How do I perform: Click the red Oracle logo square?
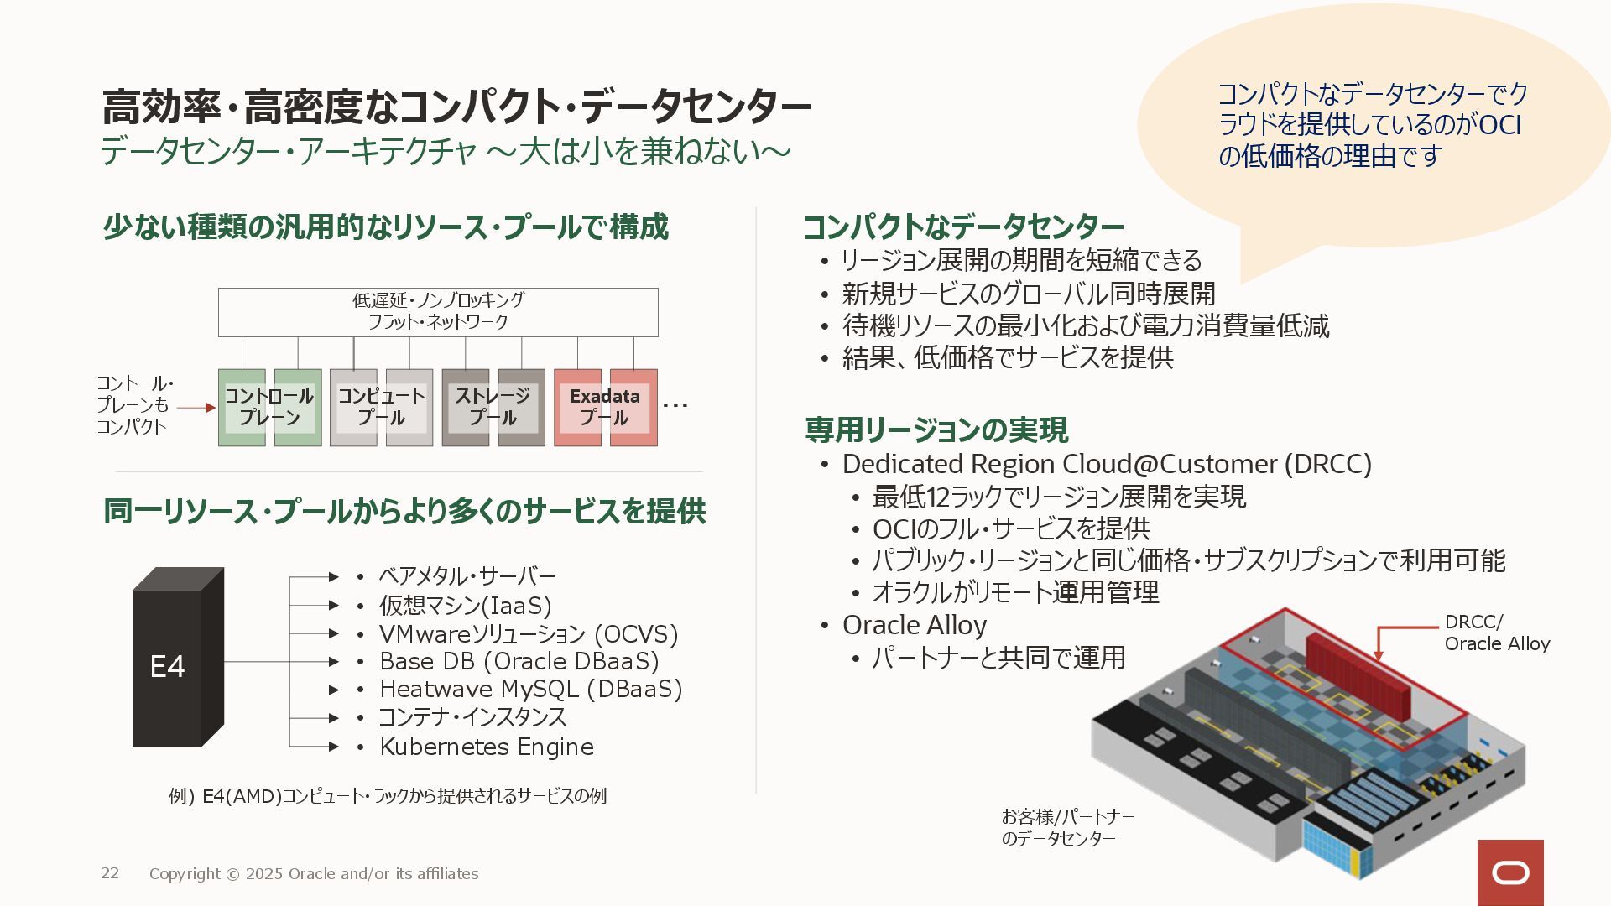[x=1510, y=872]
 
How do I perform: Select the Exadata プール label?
[x=604, y=407]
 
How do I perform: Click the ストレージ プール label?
[x=493, y=407]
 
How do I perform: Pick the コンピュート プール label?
[x=381, y=407]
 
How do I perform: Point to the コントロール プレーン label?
[x=268, y=407]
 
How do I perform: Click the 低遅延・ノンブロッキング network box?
[x=438, y=311]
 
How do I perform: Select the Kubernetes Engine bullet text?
[x=487, y=747]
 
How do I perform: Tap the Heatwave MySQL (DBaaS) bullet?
[x=530, y=690]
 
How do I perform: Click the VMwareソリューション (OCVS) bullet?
[x=529, y=633]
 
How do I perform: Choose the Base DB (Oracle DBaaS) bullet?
[x=519, y=662]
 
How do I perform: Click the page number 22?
[x=110, y=873]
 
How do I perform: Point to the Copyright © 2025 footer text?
[x=314, y=874]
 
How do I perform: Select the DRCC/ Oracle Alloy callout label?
[x=1497, y=633]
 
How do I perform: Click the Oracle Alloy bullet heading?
[x=914, y=625]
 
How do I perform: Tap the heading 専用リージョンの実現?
[x=936, y=430]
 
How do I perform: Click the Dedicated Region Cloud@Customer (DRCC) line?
[x=1107, y=464]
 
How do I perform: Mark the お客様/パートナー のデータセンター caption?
[x=1067, y=827]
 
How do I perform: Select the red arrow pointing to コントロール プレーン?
[x=197, y=408]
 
